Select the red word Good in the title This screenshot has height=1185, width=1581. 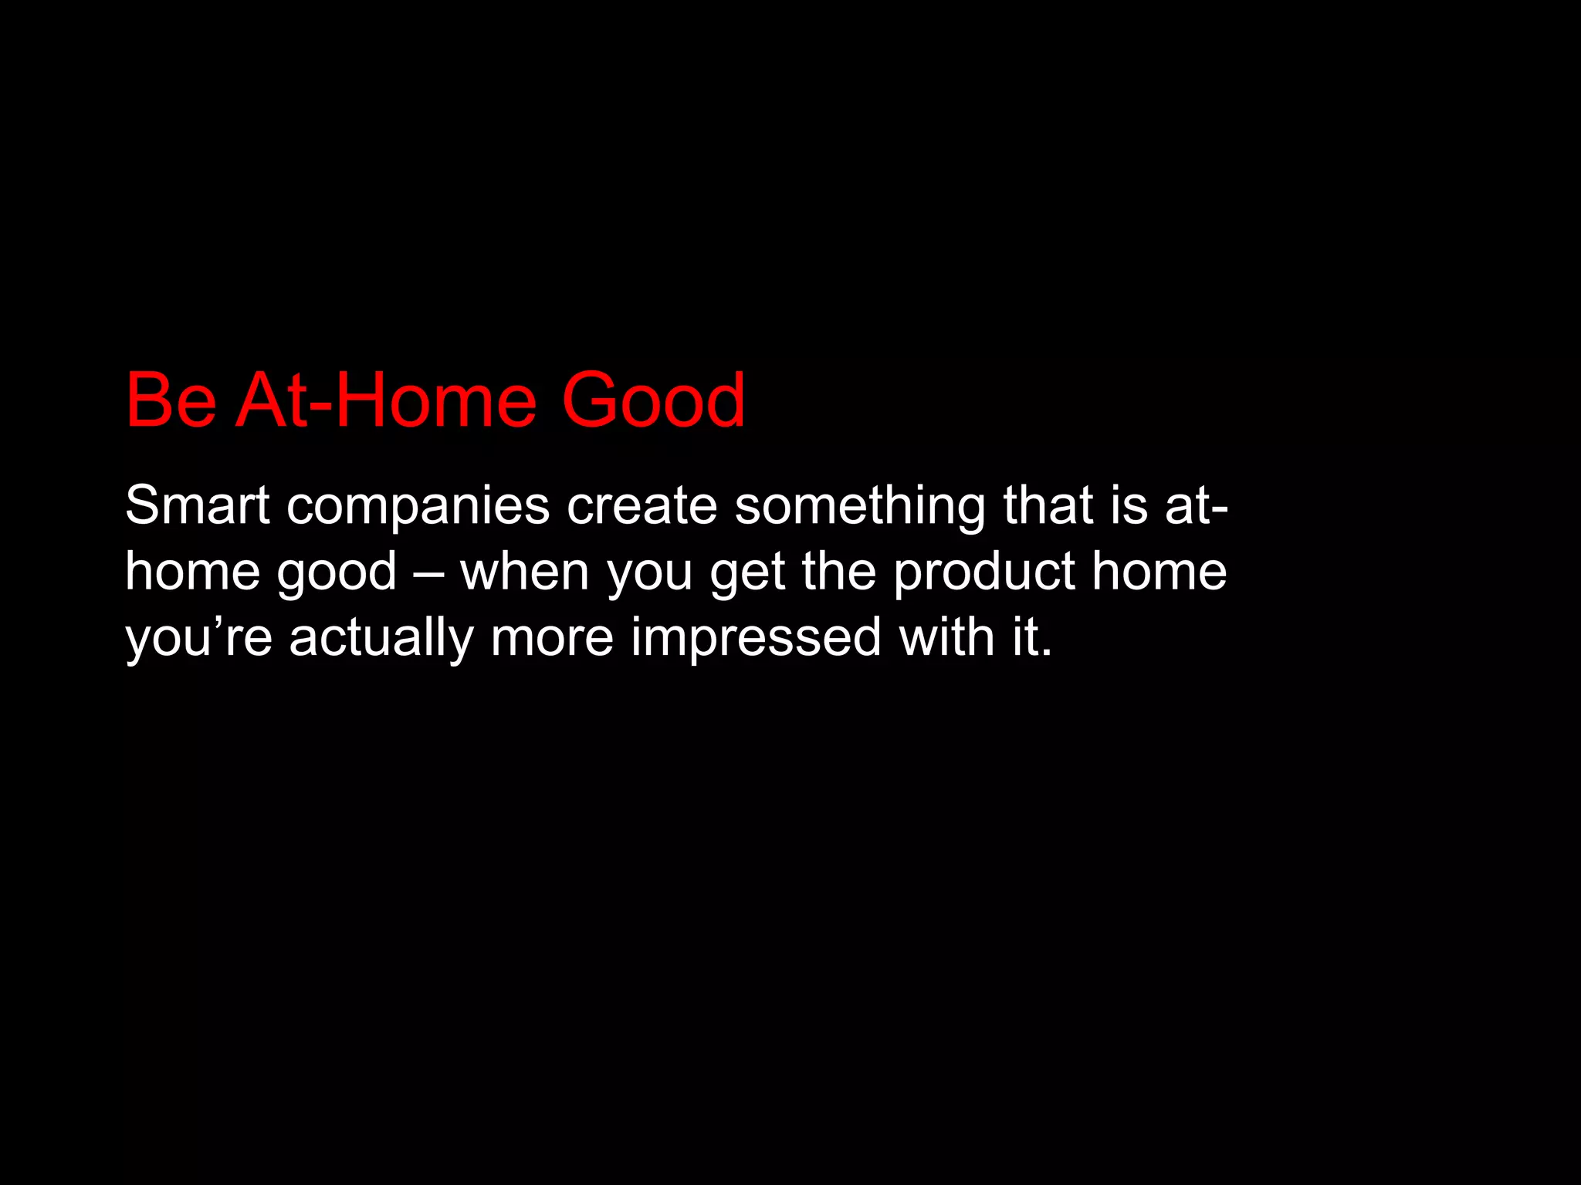click(653, 401)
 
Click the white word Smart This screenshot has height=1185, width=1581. click(197, 505)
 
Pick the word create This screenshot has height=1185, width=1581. click(642, 506)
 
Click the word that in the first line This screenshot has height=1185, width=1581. click(1048, 505)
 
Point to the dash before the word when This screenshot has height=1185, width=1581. click(428, 573)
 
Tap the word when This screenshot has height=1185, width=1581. click(525, 572)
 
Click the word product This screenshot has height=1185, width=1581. click(984, 573)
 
